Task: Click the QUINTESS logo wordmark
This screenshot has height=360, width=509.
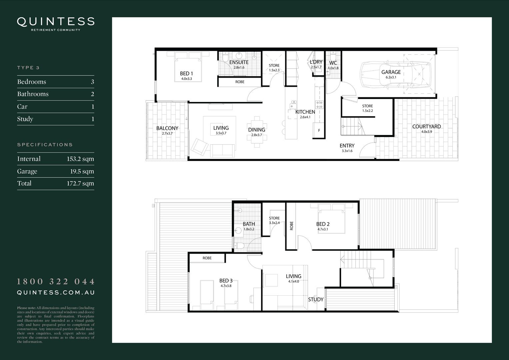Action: click(56, 22)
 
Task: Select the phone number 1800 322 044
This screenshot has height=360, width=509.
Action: click(56, 282)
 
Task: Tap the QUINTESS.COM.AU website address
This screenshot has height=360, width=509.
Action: click(56, 292)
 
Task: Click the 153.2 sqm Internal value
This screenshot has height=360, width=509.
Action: click(80, 159)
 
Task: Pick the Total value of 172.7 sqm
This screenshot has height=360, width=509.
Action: click(80, 183)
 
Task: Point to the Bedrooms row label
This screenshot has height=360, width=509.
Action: click(32, 82)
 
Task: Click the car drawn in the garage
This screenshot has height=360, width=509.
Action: click(395, 75)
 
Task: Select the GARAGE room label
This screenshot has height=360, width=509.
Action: click(391, 72)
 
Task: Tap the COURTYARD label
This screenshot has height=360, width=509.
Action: click(426, 127)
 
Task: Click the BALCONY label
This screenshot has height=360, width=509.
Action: click(167, 128)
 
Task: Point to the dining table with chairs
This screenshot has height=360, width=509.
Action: click(256, 132)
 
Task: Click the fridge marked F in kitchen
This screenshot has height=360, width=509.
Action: click(319, 130)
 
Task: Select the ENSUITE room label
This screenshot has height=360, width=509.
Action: click(239, 62)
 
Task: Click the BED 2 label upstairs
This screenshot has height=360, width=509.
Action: click(323, 224)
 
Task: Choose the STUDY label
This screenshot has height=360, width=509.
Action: click(315, 299)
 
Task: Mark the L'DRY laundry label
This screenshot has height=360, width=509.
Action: click(316, 62)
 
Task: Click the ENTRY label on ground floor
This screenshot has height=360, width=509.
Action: click(347, 146)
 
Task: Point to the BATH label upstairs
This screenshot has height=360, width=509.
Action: click(249, 224)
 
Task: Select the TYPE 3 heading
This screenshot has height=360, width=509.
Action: click(28, 68)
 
